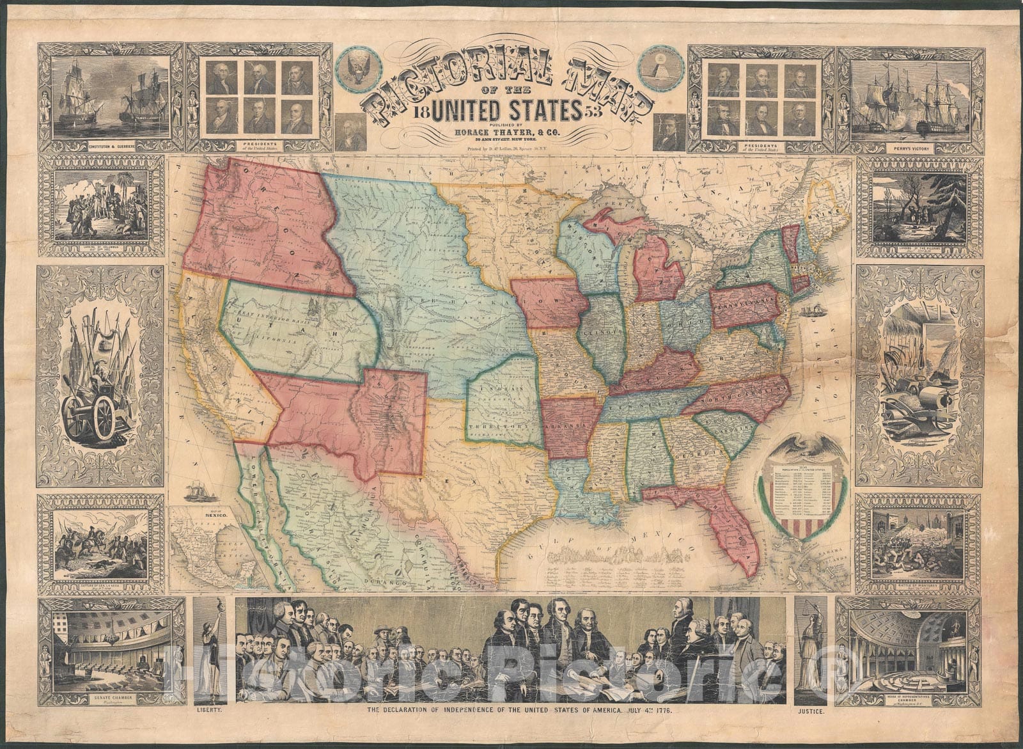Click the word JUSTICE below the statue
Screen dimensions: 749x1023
[x=811, y=710]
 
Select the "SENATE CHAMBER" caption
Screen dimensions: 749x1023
[x=105, y=700]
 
